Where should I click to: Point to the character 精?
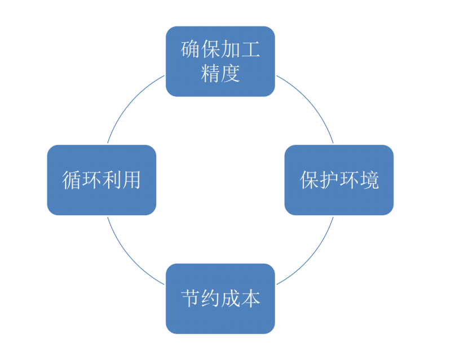(210, 73)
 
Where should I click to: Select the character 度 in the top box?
(231, 73)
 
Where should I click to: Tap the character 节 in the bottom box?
(191, 299)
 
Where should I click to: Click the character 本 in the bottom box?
(250, 299)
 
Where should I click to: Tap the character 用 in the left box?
(131, 180)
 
